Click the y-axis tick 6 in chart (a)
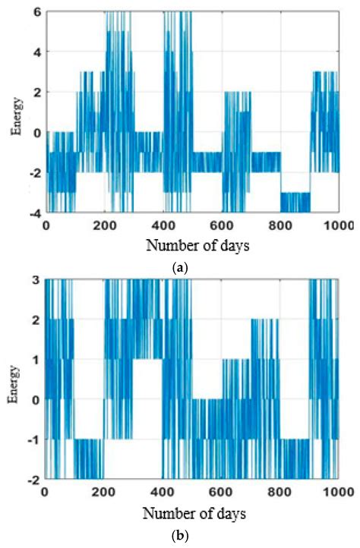click(x=36, y=12)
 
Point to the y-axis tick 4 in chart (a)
click(x=36, y=52)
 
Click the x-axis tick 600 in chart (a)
click(x=223, y=225)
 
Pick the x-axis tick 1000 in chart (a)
click(x=338, y=225)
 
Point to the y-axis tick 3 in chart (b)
click(x=36, y=280)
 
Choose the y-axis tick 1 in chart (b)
click(x=36, y=359)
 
